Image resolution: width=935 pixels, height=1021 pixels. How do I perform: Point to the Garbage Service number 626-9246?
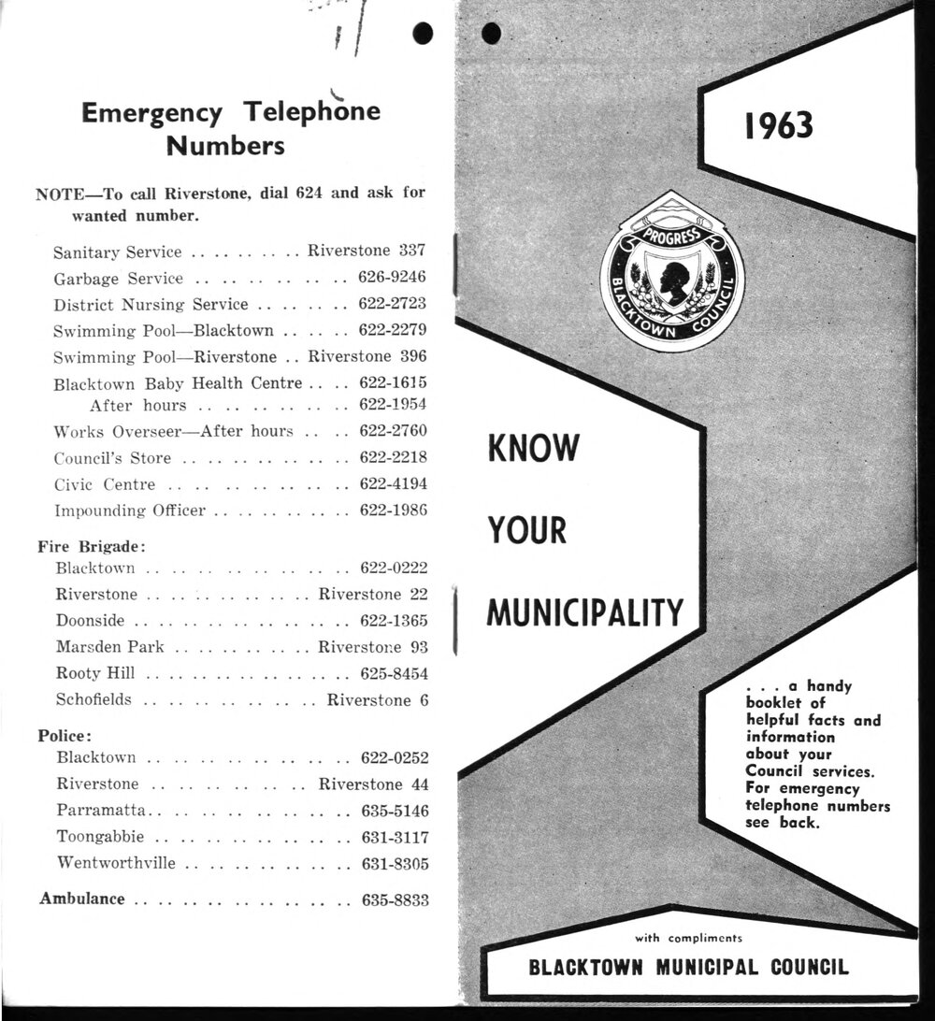[393, 278]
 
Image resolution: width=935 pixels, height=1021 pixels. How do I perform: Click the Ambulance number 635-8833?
[395, 899]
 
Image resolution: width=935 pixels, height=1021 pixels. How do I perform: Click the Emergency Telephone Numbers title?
[231, 128]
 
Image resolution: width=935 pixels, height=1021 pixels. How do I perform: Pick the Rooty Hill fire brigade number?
[395, 673]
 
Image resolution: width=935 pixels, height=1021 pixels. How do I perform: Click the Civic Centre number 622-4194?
[393, 484]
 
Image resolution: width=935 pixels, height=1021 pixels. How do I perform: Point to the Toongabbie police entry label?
[98, 836]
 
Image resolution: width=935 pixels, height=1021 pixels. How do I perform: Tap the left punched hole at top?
[424, 33]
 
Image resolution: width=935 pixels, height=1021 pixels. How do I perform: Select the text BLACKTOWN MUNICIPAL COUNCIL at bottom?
[689, 967]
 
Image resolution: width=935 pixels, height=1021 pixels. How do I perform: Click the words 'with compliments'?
[688, 937]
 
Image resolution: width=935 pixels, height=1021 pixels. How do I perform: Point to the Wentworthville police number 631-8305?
[395, 863]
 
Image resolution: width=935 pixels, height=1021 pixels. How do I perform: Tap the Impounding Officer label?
[129, 510]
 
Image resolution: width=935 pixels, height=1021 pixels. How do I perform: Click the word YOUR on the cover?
[527, 530]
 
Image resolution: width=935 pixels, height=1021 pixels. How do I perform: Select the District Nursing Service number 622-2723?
[393, 304]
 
